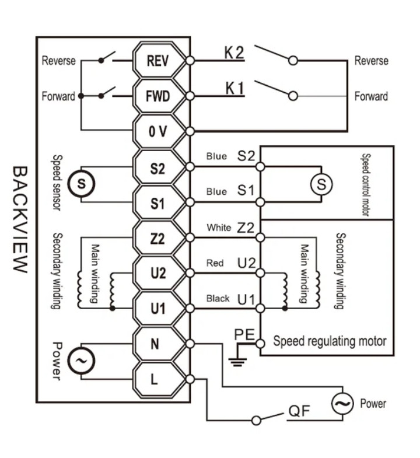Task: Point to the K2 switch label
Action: tap(234, 53)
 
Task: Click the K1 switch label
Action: tap(235, 88)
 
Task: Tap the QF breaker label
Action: tap(299, 411)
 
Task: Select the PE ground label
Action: tap(244, 334)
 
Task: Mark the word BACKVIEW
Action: tap(20, 219)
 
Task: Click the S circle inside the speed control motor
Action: tap(321, 184)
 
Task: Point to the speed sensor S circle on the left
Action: tap(81, 184)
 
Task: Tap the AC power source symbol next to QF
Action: tap(342, 403)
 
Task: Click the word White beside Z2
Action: tap(219, 228)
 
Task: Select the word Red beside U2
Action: tap(215, 263)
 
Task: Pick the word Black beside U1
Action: tap(218, 299)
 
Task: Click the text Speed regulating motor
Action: tap(330, 341)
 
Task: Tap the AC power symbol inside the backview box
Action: tap(81, 361)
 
